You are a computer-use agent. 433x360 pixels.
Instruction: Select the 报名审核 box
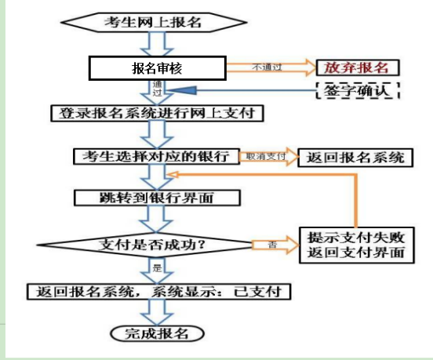tap(157, 68)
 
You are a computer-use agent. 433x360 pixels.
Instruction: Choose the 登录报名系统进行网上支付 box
tap(156, 113)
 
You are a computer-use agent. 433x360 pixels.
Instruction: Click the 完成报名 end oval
tap(158, 333)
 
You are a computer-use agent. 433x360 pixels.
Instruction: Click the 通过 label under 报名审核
tap(157, 88)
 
